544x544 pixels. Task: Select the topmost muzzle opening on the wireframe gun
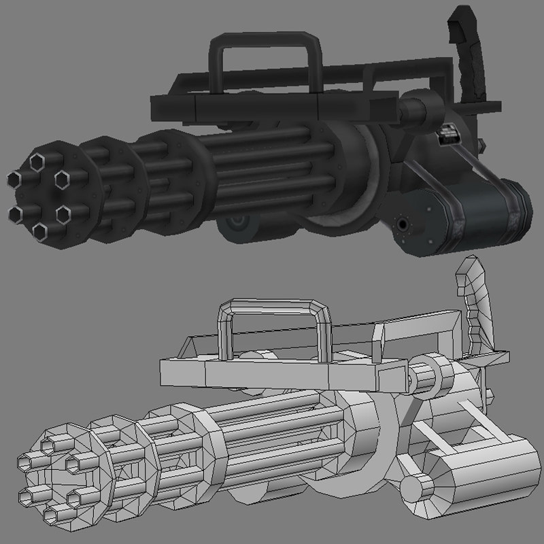pos(48,445)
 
